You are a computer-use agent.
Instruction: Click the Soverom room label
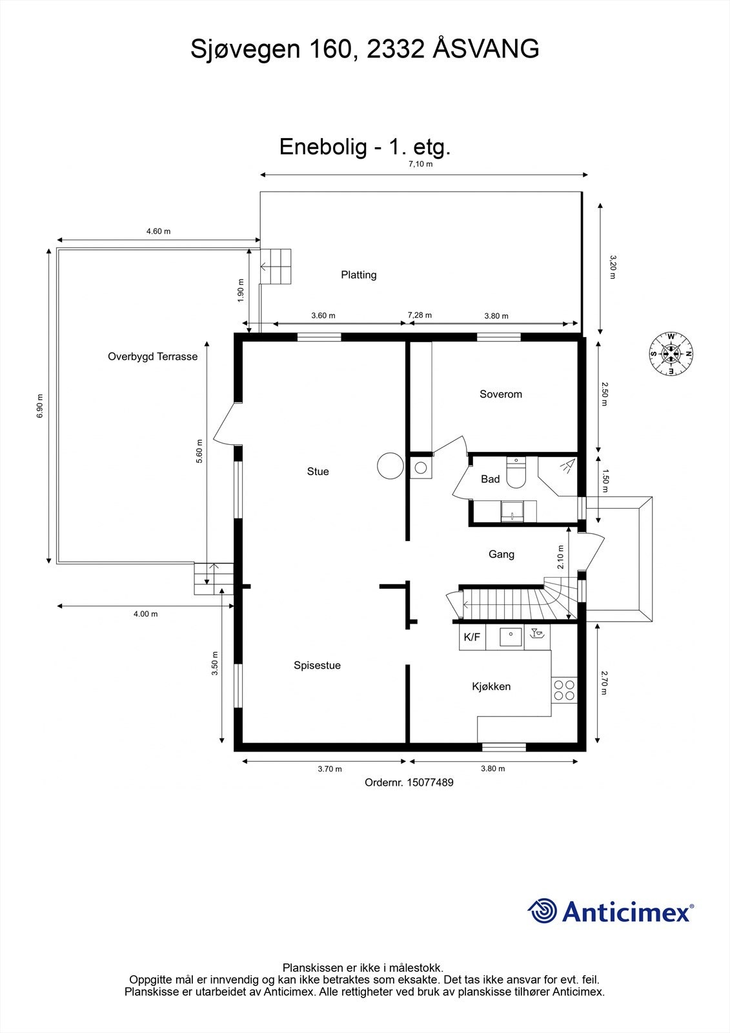(500, 394)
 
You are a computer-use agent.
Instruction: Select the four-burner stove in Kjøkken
(564, 690)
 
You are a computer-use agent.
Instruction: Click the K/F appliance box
(472, 637)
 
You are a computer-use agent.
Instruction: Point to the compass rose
(671, 354)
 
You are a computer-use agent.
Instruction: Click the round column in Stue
(390, 465)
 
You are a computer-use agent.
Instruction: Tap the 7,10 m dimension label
(420, 164)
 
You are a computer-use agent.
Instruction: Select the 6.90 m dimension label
(40, 405)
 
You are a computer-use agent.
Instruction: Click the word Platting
(358, 275)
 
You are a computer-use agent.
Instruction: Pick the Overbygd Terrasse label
(152, 356)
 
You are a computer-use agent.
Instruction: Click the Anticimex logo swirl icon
(542, 912)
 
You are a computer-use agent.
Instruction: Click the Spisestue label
(317, 666)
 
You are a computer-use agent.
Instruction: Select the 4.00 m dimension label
(145, 614)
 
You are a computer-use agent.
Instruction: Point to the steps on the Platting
(276, 267)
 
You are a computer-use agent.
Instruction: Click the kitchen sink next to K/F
(511, 637)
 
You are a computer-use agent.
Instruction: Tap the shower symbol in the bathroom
(568, 465)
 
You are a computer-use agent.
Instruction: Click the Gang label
(501, 554)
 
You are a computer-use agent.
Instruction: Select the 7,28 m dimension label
(420, 315)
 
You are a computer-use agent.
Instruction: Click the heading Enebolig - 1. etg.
(365, 147)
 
